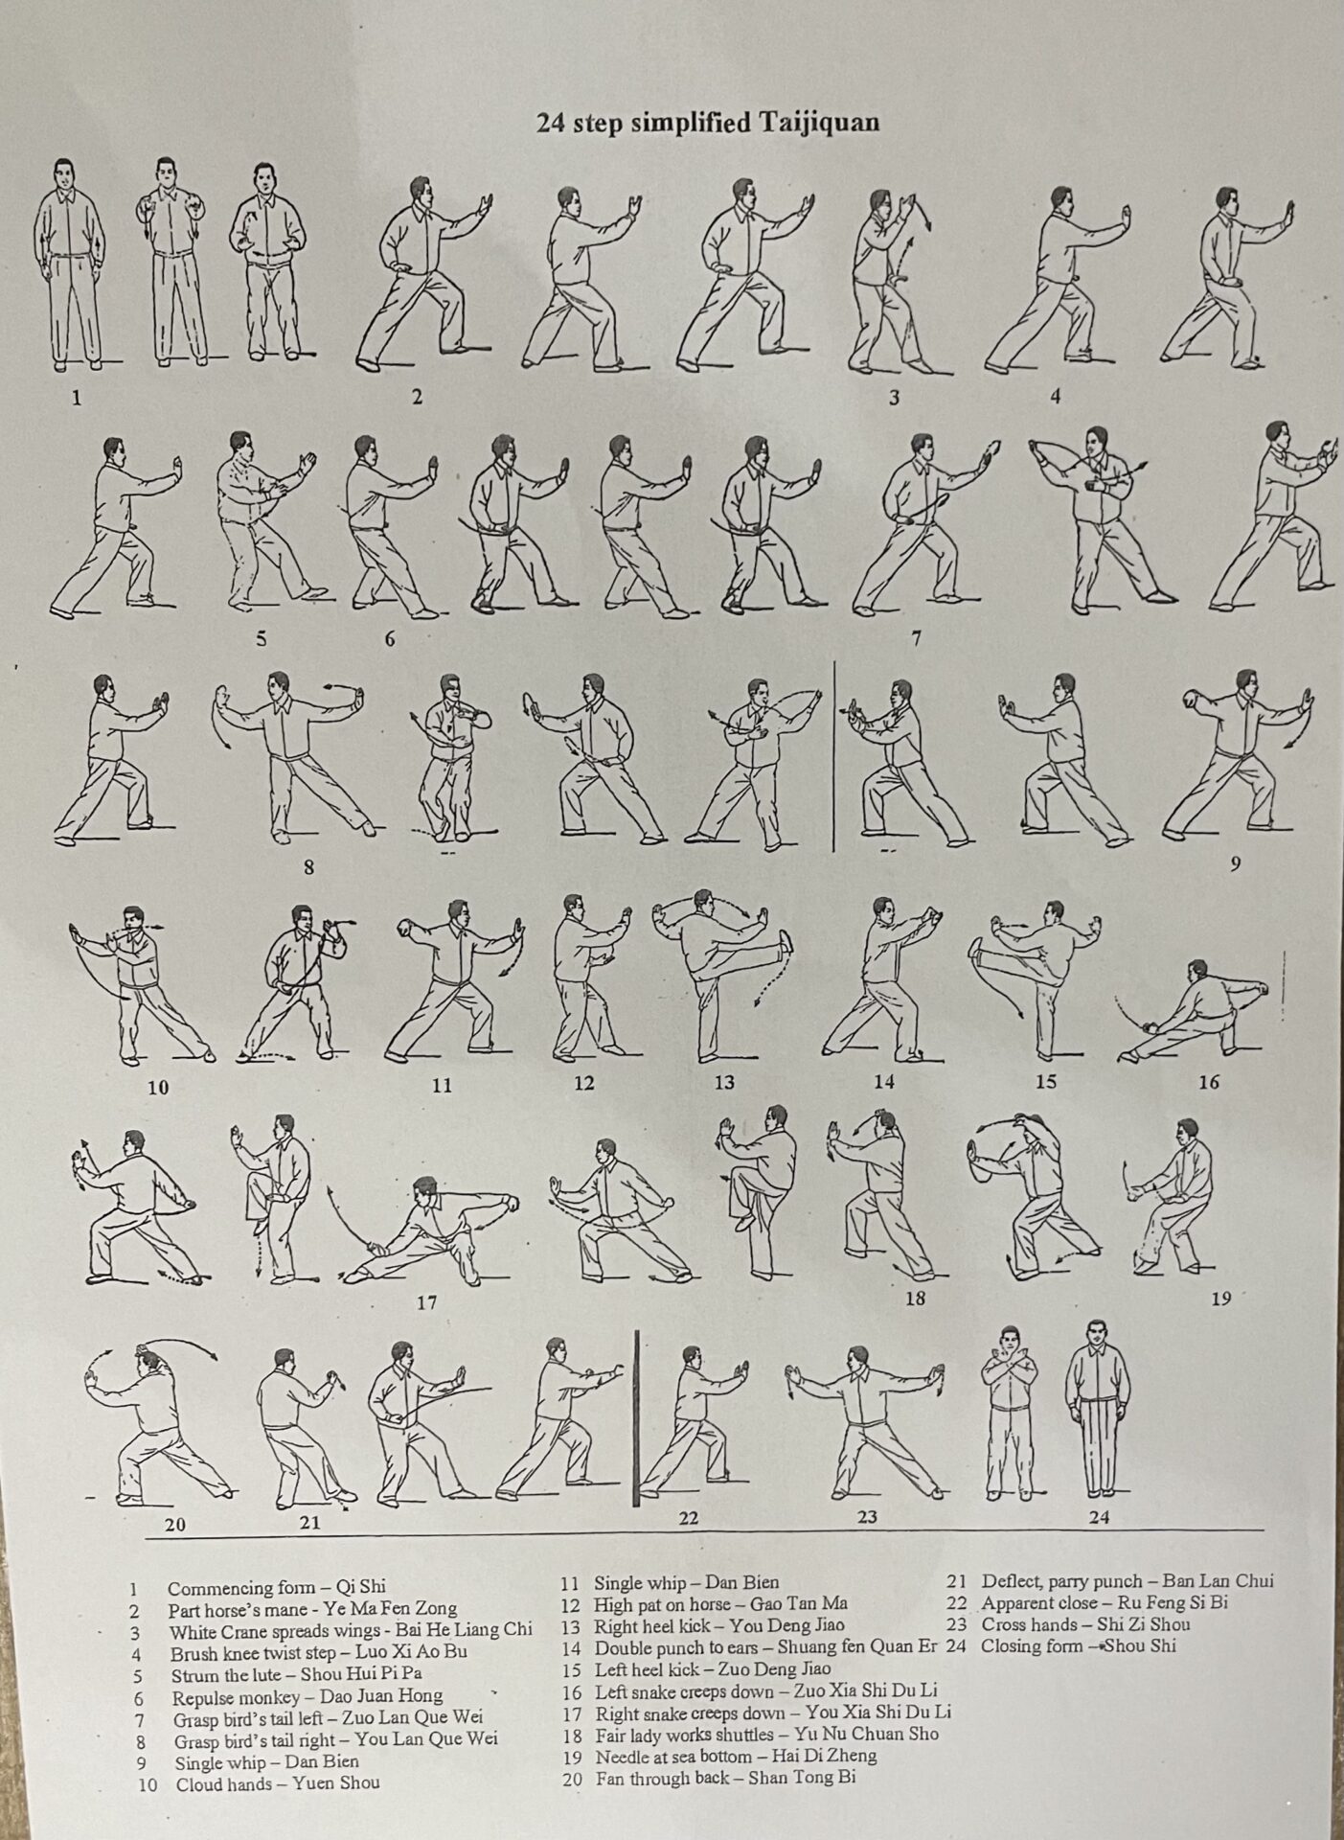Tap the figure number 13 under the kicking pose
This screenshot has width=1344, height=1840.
tap(724, 1082)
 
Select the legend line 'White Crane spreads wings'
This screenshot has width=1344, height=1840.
tap(351, 1630)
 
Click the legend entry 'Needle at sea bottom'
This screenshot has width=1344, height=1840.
tap(736, 1756)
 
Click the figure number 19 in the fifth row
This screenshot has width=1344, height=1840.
tap(1220, 1299)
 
